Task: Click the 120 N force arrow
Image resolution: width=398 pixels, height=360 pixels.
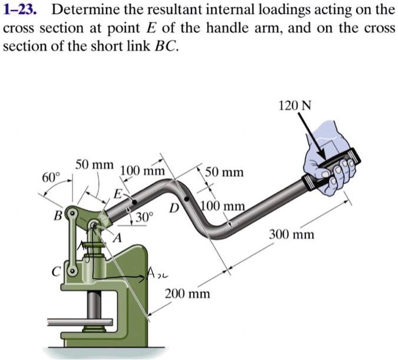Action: coord(310,132)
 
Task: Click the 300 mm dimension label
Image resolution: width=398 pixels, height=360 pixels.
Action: coord(291,235)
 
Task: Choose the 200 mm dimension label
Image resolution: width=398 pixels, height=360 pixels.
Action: coord(187,293)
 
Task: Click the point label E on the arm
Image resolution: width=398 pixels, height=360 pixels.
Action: coord(118,194)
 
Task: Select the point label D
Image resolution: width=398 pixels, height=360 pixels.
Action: coord(173,208)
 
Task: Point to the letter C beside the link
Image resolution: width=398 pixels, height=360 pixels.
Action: coord(58,272)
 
